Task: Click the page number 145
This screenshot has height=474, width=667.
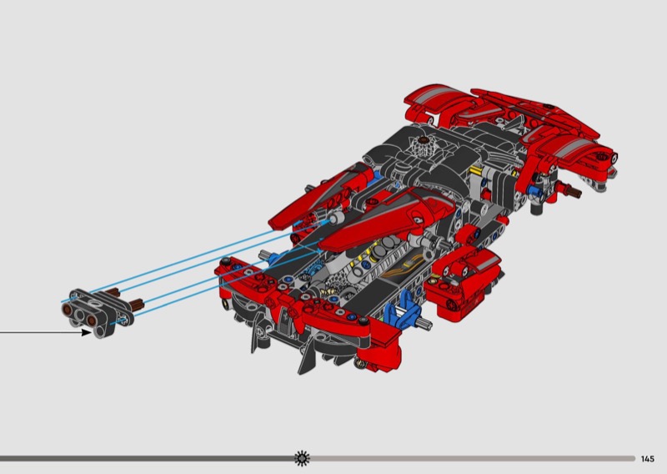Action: [x=648, y=459]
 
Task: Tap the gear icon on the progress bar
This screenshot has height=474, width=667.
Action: [x=302, y=458]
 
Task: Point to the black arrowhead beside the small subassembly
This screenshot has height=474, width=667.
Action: [x=87, y=332]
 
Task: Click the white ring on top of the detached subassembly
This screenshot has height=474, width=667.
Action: [x=96, y=303]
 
